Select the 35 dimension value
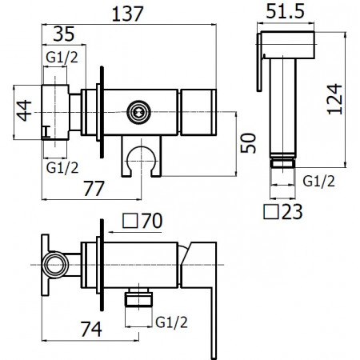pos(66,34)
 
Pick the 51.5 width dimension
pos(287,12)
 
